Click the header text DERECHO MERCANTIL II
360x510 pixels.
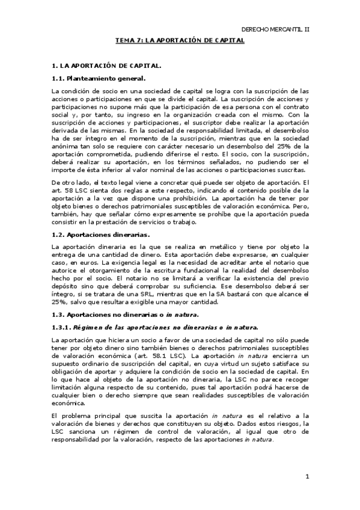click(275, 28)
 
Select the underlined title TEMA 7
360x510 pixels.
click(180, 40)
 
